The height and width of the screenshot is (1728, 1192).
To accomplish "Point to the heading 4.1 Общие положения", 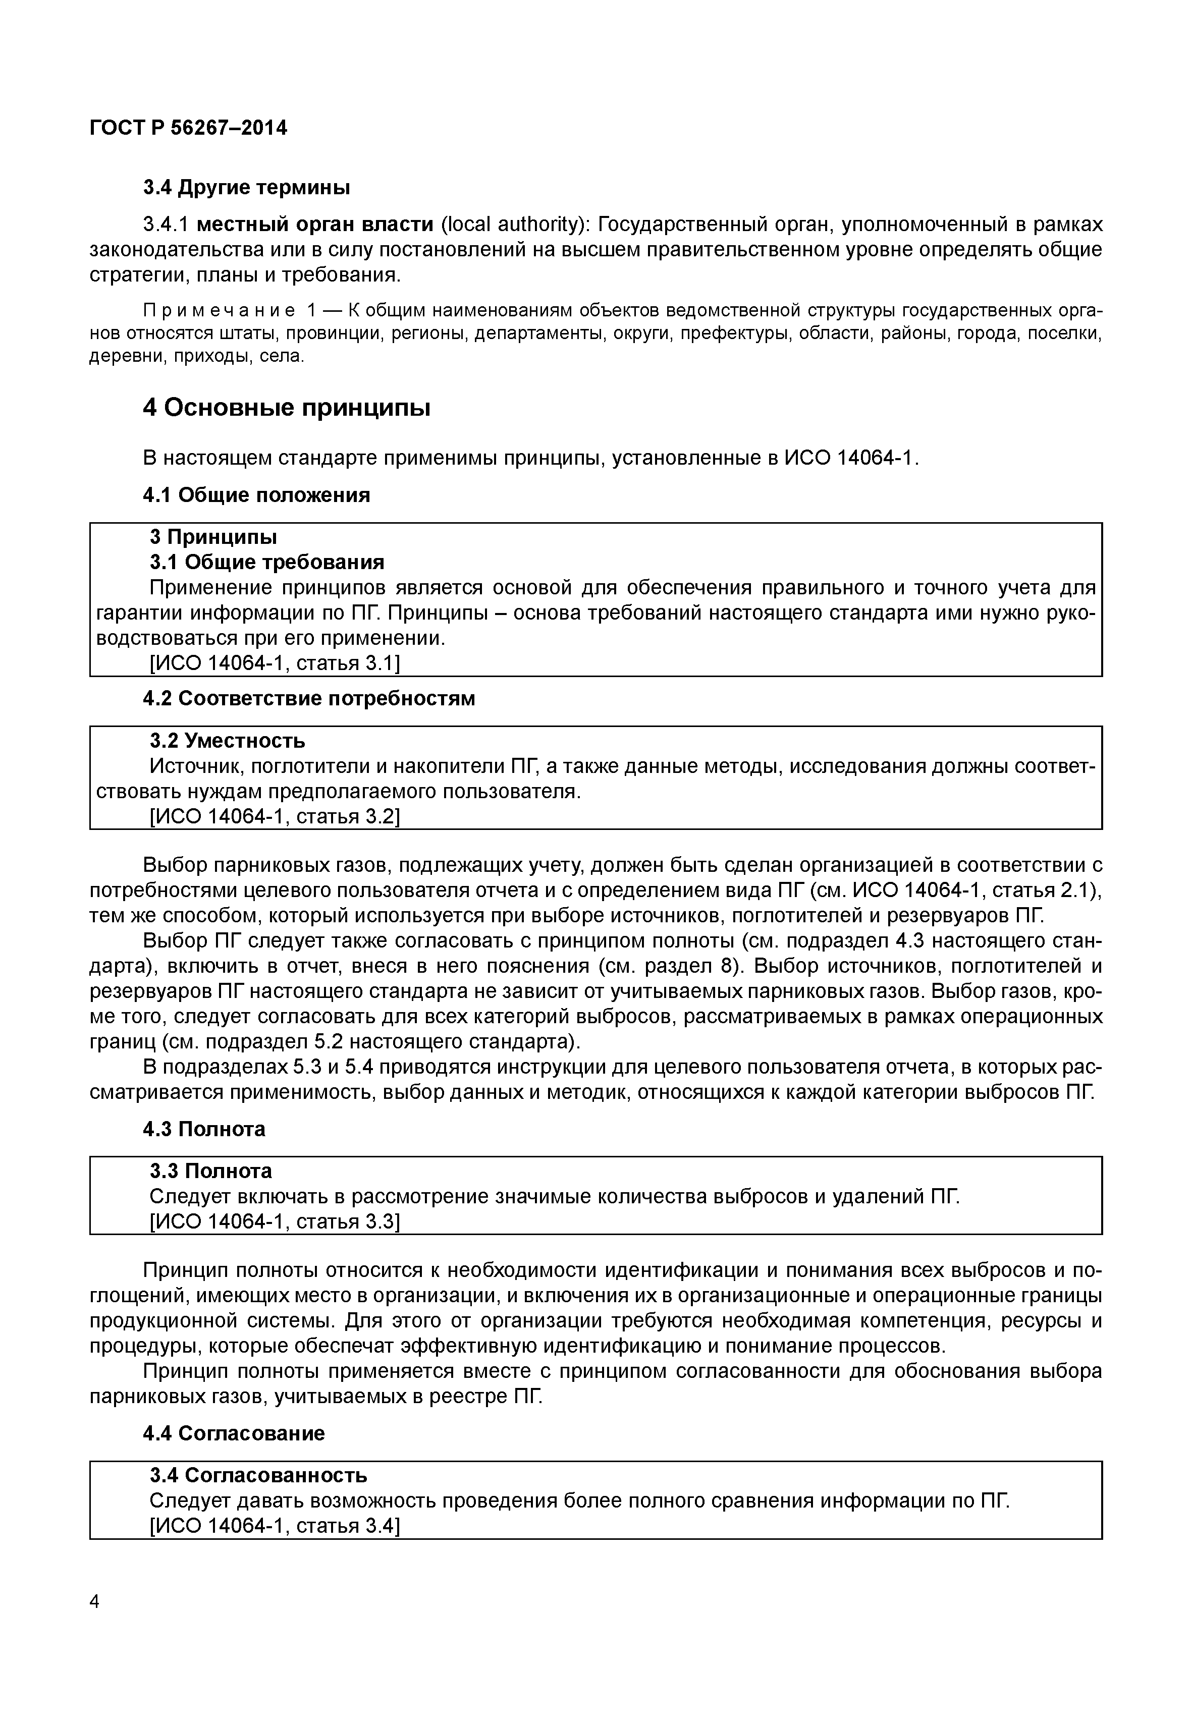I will click(x=256, y=494).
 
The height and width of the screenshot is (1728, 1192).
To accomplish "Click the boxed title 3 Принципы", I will click(x=213, y=536).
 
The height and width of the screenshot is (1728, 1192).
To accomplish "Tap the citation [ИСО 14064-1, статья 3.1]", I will click(x=275, y=663).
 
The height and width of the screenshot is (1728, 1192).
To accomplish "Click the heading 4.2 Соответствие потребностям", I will click(x=308, y=698).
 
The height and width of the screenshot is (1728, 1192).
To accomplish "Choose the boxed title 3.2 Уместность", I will click(x=227, y=740).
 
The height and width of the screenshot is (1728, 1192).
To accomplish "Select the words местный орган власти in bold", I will click(x=316, y=224).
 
